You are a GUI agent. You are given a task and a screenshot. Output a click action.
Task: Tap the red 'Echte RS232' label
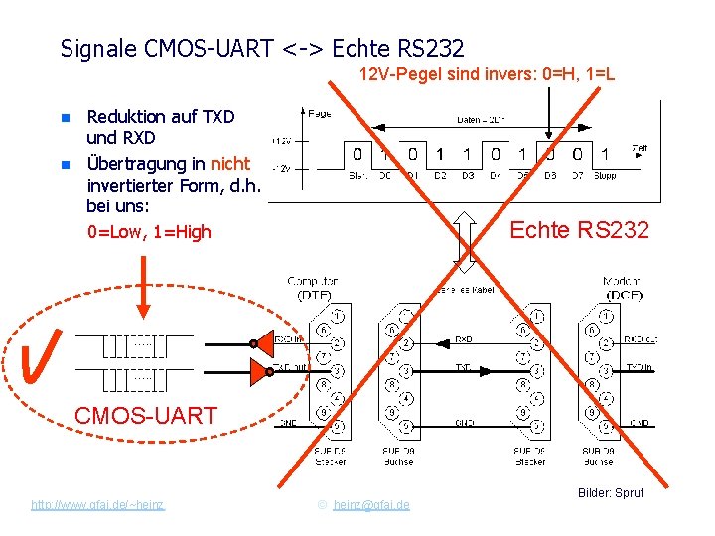pos(579,231)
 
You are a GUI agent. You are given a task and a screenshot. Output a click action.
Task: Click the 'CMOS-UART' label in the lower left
pos(146,415)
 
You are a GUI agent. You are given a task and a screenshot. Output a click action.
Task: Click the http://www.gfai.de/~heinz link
pos(97,505)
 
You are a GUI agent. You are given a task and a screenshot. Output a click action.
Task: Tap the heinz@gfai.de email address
pos(371,505)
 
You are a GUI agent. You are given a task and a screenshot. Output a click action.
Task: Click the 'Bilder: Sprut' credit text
pos(610,492)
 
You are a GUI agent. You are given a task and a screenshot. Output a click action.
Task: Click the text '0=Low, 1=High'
pos(149,232)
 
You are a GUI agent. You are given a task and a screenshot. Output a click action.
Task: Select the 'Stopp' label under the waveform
pos(605,176)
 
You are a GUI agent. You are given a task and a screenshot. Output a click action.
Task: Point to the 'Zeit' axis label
pos(640,148)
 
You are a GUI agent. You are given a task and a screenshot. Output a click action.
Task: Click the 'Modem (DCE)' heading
pos(622,288)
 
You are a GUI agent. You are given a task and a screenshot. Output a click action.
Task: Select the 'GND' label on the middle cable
pos(463,422)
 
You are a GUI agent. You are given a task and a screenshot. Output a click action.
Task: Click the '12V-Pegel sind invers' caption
pos(487,74)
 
